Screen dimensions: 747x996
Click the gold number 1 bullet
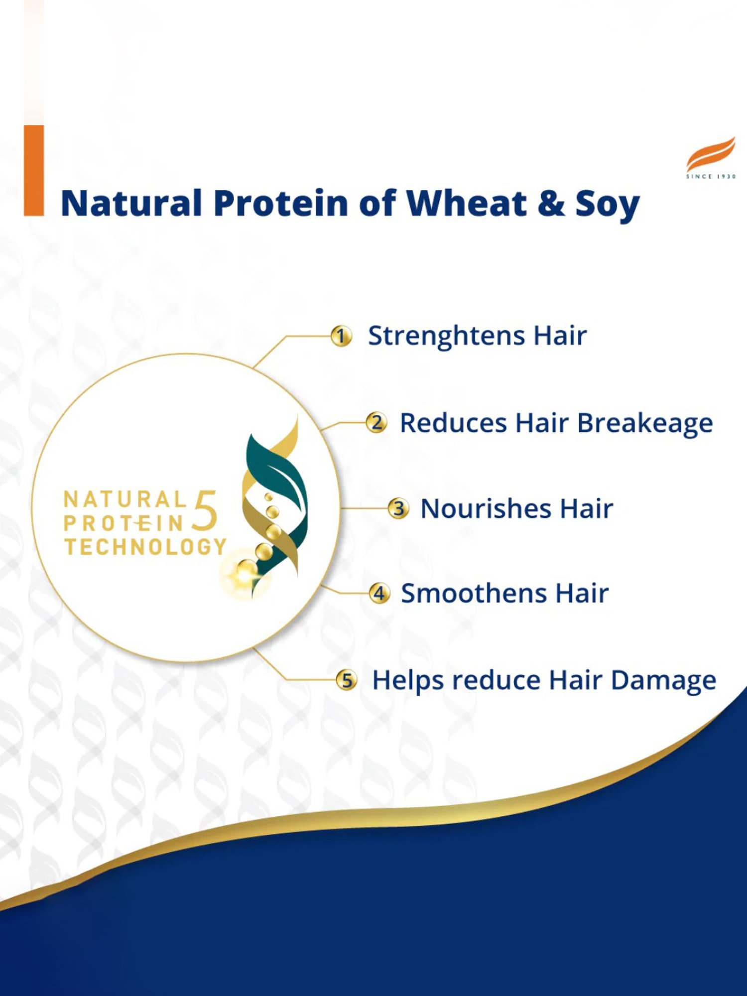(x=341, y=336)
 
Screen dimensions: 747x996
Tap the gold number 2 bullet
(x=376, y=423)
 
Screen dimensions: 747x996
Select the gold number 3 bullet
(x=398, y=508)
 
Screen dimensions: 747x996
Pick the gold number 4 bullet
(x=379, y=593)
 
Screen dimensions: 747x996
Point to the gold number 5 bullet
(x=347, y=680)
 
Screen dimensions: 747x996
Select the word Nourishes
(x=486, y=509)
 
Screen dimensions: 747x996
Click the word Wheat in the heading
(x=467, y=203)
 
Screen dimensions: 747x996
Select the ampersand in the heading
(x=551, y=203)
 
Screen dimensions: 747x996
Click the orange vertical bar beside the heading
(x=34, y=170)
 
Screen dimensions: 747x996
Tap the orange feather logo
(x=711, y=154)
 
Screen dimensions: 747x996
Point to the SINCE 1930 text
(x=711, y=176)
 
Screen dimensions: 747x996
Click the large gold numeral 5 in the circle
(x=205, y=510)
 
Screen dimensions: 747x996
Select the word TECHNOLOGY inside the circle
(x=145, y=547)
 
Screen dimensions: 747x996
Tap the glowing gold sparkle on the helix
(x=245, y=574)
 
